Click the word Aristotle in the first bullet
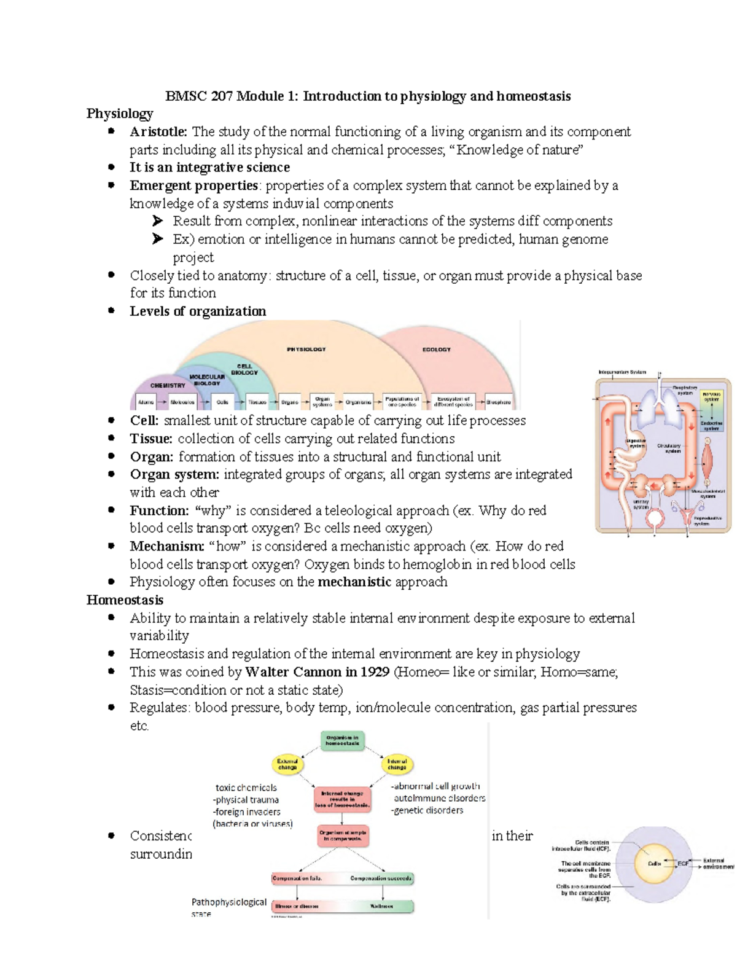pos(158,131)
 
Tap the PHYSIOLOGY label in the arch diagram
pos(306,349)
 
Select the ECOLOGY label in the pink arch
pos(436,350)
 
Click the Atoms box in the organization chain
pos(146,402)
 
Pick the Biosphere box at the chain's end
pos(498,402)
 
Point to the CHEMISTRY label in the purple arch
pos(168,385)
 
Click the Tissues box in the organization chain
pos(257,402)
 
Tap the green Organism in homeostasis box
pos(342,740)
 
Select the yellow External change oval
pos(287,764)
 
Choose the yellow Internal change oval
pos(397,764)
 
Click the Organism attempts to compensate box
pos(343,835)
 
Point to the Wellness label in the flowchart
pos(381,906)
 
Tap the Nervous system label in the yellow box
pos(711,396)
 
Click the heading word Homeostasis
pos(125,600)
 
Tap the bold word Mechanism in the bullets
pos(166,546)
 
